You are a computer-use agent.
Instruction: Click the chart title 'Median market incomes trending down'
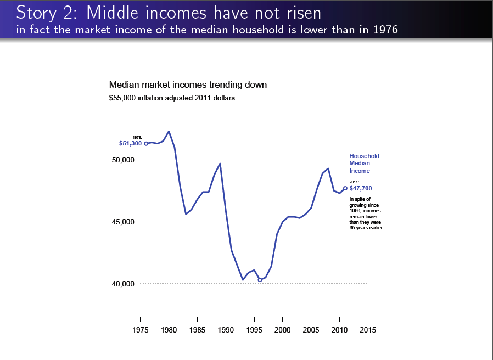coord(188,85)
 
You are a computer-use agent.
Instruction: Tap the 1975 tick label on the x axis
coord(141,330)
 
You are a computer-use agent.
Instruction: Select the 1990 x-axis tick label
coord(226,330)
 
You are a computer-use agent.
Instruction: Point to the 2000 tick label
coord(282,330)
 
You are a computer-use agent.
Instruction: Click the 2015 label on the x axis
coord(368,330)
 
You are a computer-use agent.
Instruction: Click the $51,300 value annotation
coord(131,144)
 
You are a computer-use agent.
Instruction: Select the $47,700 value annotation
coord(361,188)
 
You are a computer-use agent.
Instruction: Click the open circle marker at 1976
coord(146,143)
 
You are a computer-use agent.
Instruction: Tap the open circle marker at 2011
coord(345,188)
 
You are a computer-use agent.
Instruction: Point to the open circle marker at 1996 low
coord(260,280)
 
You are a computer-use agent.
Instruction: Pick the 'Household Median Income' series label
coord(364,164)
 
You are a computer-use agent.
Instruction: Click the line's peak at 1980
coord(169,131)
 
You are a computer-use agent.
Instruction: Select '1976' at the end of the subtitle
coord(385,29)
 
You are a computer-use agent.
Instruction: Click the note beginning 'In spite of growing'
coord(366,213)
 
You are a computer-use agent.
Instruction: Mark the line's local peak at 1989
coord(220,164)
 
